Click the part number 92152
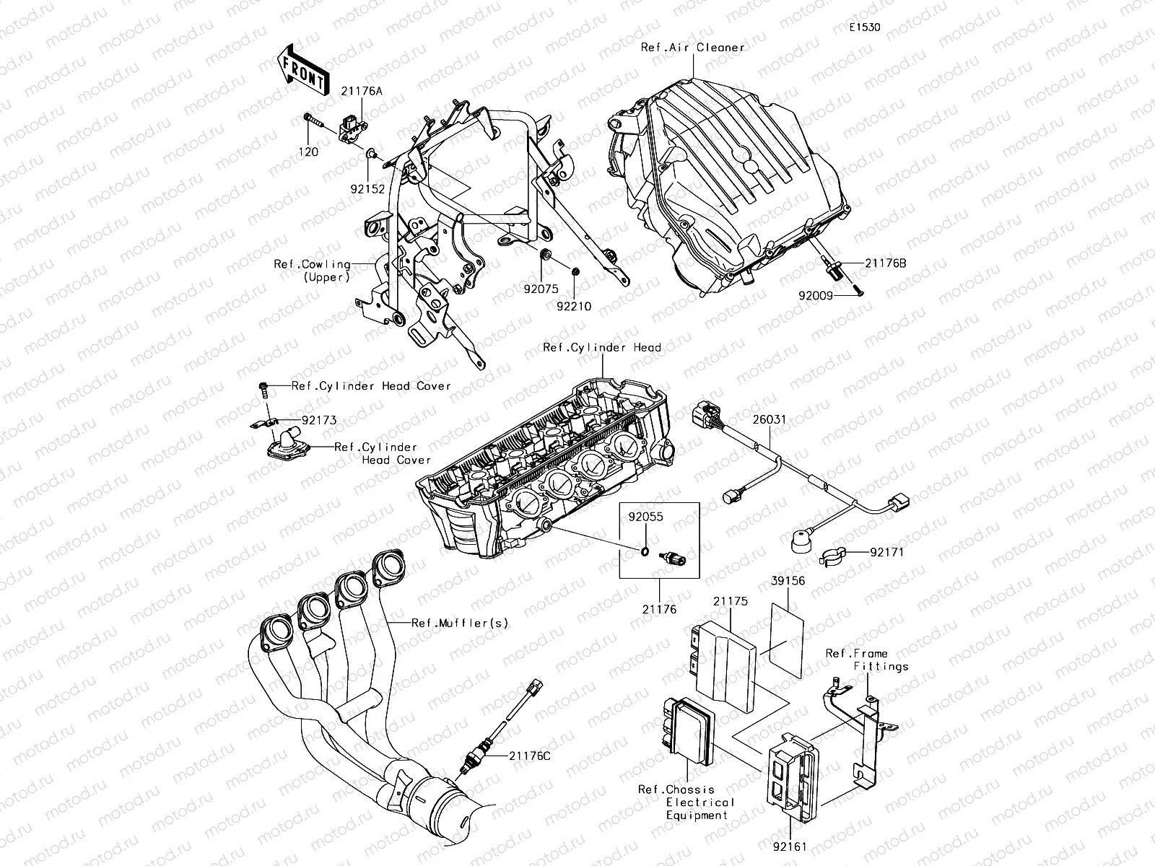coord(369,186)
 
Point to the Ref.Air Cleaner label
coord(692,48)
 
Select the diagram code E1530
coord(864,27)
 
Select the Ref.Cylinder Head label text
coord(601,348)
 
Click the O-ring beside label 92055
coord(642,552)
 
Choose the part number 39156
coord(788,580)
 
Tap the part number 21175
coord(731,600)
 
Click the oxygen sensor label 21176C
coord(529,756)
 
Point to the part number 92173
coord(319,420)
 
